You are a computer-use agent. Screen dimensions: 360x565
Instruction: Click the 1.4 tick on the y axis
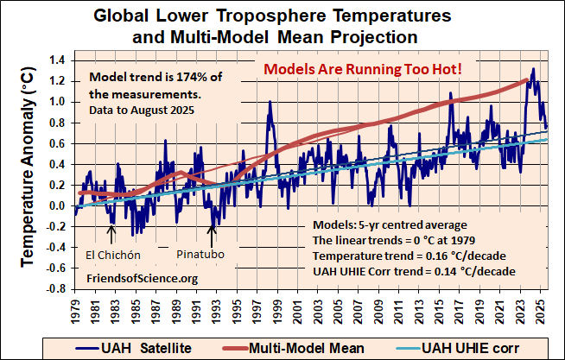coord(58,60)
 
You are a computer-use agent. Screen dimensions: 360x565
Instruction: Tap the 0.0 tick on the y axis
coord(58,205)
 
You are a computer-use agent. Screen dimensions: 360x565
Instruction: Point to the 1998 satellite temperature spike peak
coord(270,102)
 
